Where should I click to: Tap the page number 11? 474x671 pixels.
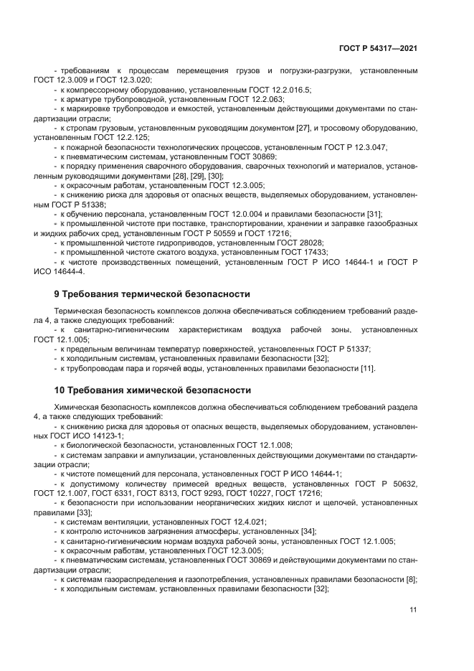(x=413, y=610)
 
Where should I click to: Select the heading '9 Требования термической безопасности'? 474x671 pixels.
(x=152, y=294)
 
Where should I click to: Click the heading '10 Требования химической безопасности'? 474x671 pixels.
(x=153, y=390)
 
